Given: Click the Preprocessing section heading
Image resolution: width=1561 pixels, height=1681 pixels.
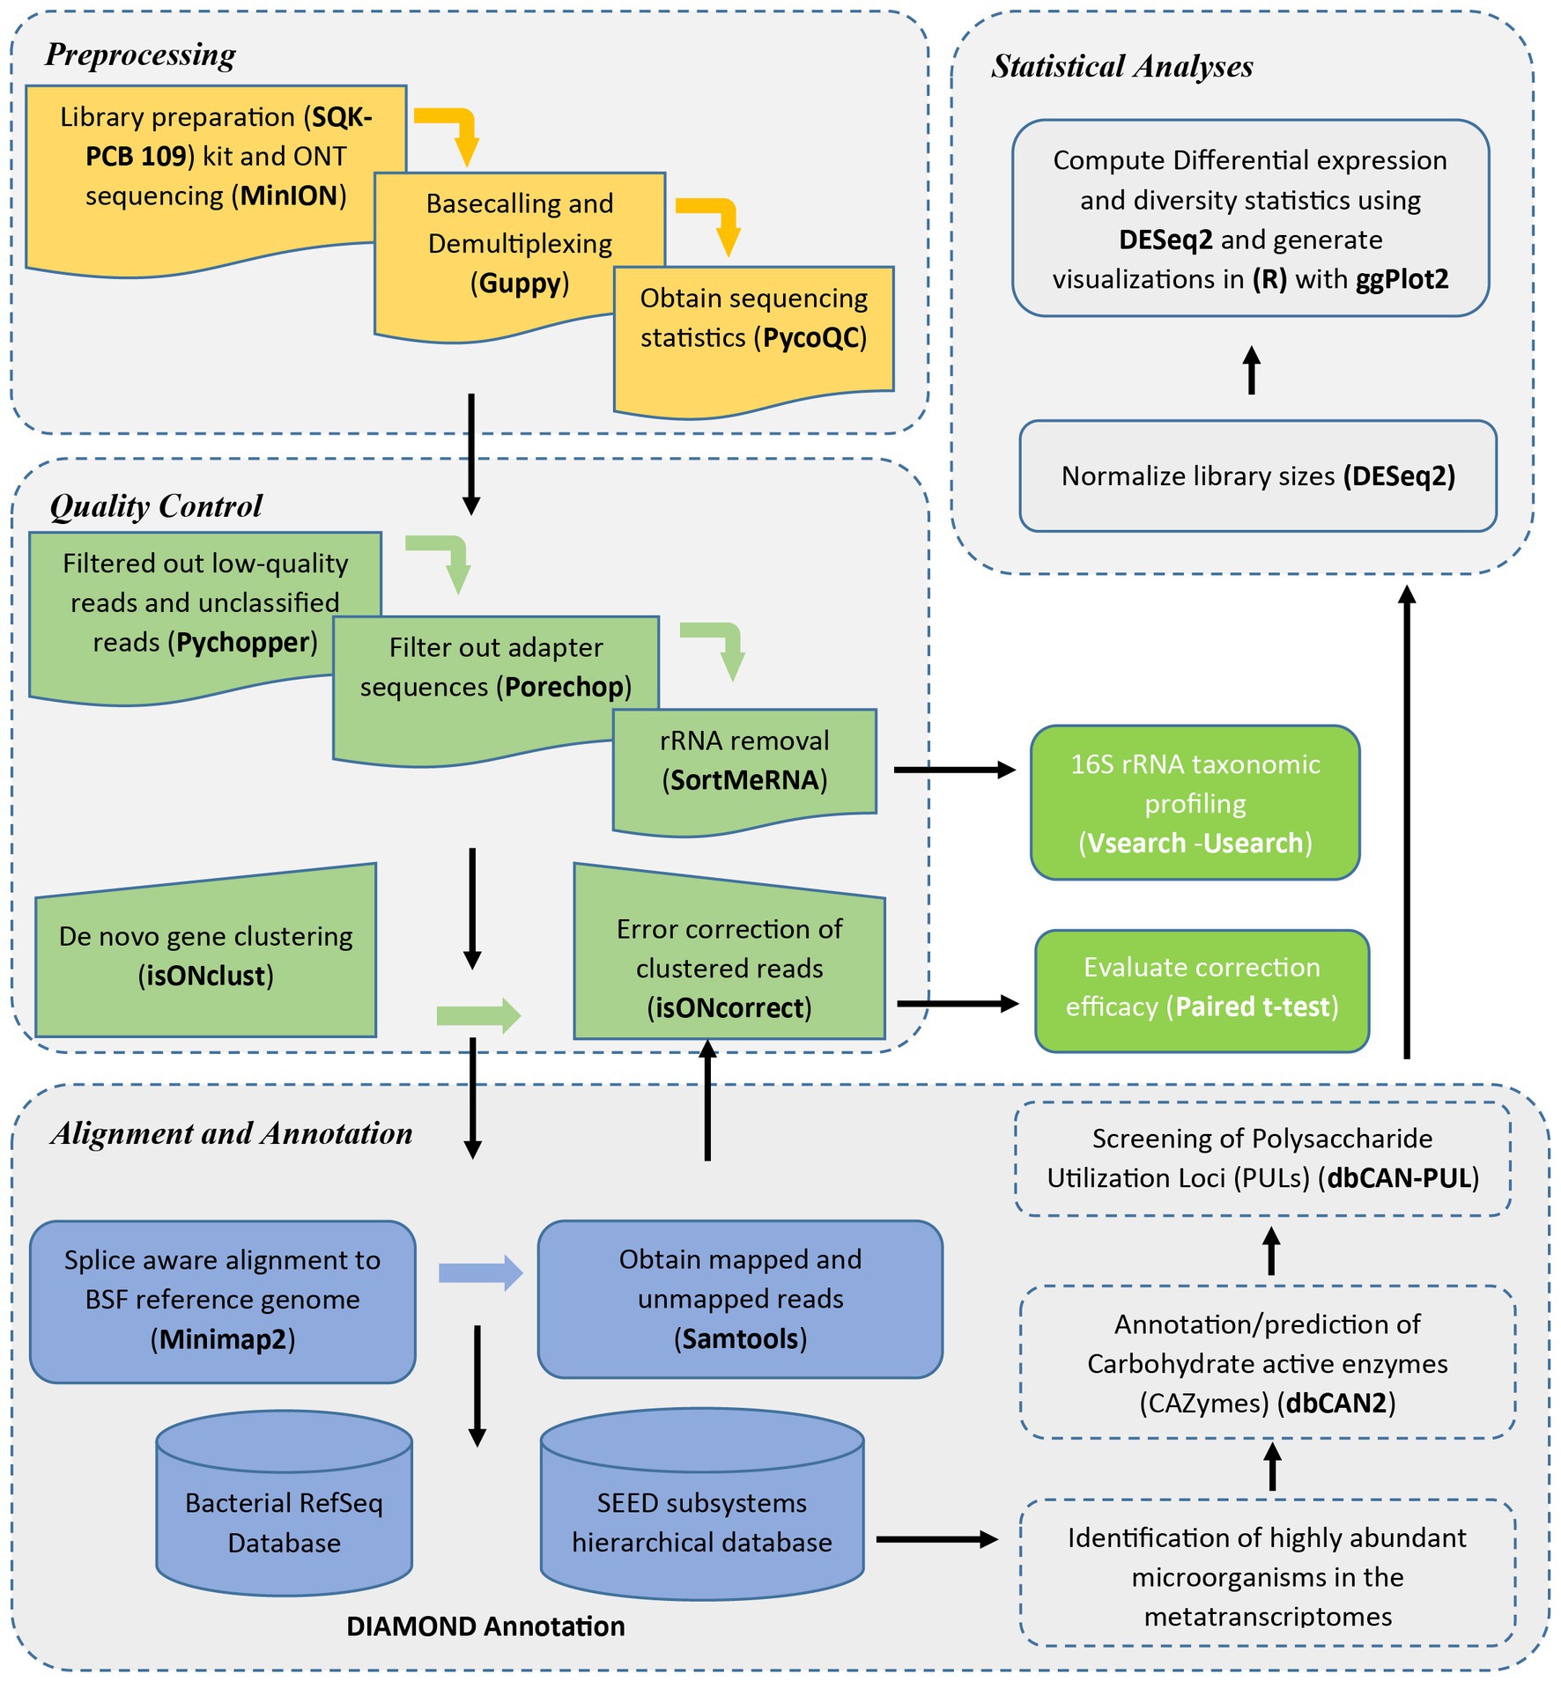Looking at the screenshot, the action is pos(140,55).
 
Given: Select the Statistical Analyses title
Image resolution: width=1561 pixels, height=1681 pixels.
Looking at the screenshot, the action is pos(1121,67).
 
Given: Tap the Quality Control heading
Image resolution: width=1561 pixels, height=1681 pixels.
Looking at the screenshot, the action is pos(156,506).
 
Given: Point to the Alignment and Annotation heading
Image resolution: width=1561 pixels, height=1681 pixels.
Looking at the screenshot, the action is pos(232,1133).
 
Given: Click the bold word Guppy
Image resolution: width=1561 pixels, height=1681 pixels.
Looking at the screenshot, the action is pos(520,284).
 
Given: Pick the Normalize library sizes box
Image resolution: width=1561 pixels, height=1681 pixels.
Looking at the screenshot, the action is pos(1258,476).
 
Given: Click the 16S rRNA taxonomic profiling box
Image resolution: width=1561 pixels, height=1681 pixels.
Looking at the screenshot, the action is pos(1195,803).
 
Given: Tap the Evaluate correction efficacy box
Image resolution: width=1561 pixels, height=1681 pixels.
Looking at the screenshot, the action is pos(1202,992).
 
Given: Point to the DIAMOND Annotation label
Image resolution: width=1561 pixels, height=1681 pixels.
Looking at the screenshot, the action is pos(485,1626).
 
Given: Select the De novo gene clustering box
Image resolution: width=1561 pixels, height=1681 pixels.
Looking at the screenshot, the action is pos(206,951).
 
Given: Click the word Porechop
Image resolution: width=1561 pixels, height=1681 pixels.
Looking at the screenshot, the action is pos(564,687).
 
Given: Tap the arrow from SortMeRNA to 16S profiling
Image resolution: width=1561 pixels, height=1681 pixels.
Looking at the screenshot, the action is pos(955,770).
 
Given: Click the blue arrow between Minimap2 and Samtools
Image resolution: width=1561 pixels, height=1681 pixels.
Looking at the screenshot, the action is pos(481,1272).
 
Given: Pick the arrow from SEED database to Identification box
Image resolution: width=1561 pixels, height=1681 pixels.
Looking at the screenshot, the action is pos(937,1539).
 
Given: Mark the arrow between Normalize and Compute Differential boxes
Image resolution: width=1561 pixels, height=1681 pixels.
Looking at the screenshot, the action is pos(1252,371).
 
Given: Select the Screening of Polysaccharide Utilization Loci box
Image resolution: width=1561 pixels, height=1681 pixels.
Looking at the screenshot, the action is pos(1262,1159).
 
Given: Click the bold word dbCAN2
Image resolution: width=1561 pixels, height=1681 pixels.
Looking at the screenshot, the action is pos(1336,1403).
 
